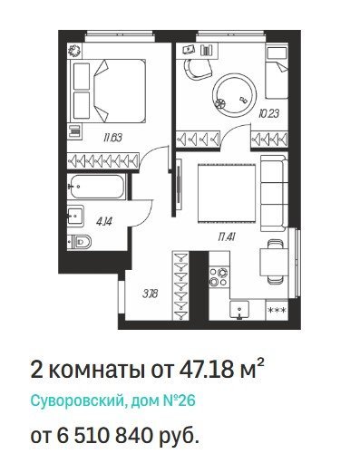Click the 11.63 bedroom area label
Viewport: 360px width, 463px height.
tap(112, 139)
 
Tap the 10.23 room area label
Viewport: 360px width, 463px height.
tap(268, 114)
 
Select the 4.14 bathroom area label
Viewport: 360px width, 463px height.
tap(104, 222)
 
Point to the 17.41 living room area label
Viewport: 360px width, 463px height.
tap(227, 237)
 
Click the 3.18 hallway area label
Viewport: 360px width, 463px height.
tap(151, 294)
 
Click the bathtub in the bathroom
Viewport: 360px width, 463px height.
tap(97, 187)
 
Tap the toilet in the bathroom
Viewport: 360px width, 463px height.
tap(80, 241)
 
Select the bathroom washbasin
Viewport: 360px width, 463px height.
tap(75, 215)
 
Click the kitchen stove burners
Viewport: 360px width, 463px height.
tap(219, 277)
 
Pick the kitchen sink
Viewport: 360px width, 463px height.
tap(239, 309)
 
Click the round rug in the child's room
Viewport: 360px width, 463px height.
tap(235, 95)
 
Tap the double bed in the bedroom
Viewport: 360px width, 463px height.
tap(108, 92)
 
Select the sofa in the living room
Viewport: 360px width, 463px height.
tap(274, 193)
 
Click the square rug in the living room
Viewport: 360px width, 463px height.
tap(227, 193)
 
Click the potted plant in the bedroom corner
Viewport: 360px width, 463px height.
tap(74, 51)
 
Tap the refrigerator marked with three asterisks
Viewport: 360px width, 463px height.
tap(277, 310)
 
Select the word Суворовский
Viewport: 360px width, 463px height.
tap(76, 400)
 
